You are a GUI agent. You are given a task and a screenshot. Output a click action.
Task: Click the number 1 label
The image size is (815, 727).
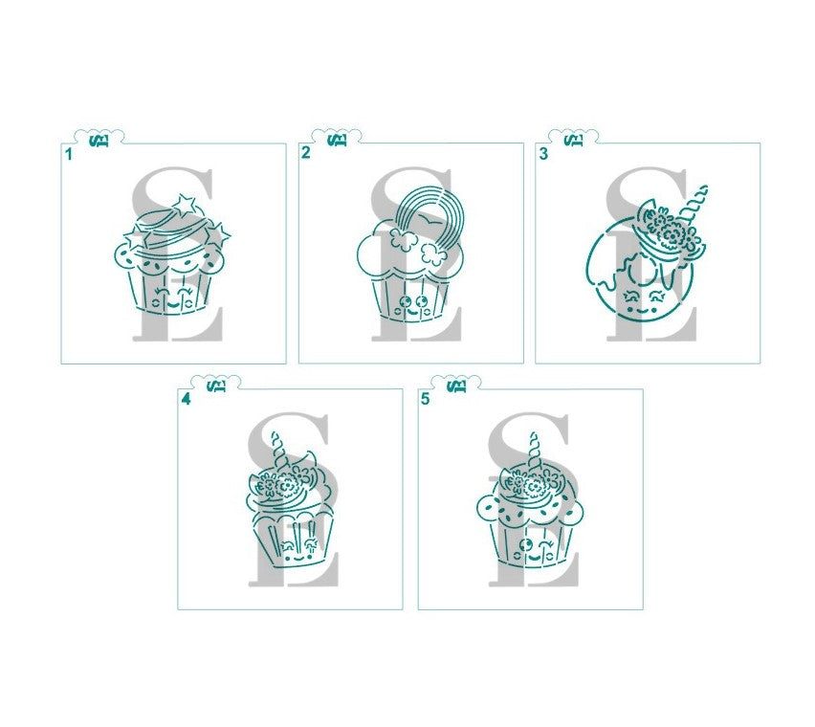pos(69,153)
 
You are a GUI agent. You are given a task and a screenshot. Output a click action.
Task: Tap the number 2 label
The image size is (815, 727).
pos(306,153)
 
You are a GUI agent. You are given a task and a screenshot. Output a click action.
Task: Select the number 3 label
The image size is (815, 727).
pos(543,153)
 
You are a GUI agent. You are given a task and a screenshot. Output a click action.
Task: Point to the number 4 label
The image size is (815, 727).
pos(186,398)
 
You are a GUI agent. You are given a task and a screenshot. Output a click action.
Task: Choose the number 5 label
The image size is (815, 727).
pos(425,398)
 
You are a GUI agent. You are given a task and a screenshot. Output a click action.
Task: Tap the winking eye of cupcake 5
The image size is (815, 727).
pos(548,546)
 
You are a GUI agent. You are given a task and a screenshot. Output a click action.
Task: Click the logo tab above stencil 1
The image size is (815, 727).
pos(99,140)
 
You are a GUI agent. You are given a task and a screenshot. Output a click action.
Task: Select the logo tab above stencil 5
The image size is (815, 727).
pos(456,386)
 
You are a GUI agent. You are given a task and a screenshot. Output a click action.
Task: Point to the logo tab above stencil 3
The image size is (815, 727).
pos(573,140)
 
